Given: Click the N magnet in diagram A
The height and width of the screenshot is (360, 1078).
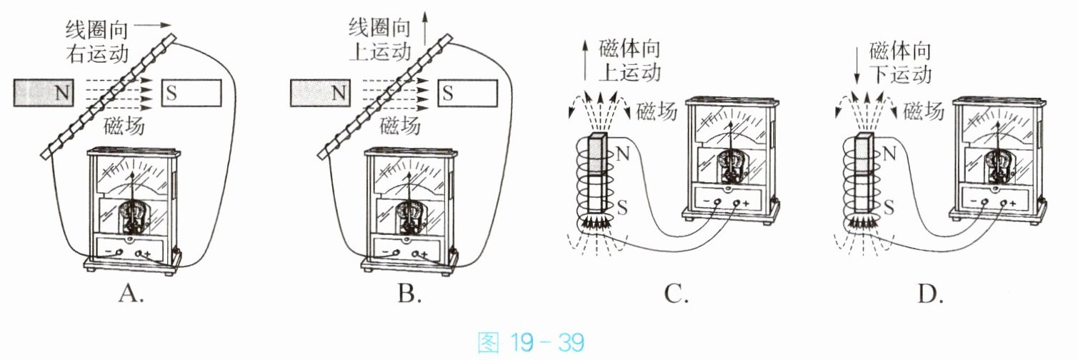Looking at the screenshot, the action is (x=44, y=92).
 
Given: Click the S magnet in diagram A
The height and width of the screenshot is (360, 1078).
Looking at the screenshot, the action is (x=191, y=93).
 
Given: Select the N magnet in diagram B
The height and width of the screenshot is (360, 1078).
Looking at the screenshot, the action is (x=320, y=93).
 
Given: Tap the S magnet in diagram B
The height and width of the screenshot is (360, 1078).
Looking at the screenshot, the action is (x=467, y=93).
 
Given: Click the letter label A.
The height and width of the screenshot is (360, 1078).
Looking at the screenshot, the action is (x=131, y=293).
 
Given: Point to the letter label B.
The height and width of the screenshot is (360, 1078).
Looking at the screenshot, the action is (x=409, y=293).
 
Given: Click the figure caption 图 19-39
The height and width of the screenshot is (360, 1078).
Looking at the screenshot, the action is (x=531, y=343).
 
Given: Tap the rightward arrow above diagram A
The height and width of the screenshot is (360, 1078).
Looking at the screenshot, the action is (x=152, y=26).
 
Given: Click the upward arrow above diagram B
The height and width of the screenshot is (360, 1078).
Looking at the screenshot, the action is (x=424, y=29).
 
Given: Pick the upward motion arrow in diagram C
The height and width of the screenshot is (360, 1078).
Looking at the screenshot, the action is (x=585, y=60).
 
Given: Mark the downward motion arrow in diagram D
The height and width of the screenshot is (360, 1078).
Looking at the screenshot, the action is (x=857, y=64).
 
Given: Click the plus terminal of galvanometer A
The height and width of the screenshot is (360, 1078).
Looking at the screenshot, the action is (x=139, y=253).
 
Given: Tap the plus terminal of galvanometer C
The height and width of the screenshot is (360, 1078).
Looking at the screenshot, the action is (x=737, y=203).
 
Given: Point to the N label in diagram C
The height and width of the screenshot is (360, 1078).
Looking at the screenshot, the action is (x=622, y=154).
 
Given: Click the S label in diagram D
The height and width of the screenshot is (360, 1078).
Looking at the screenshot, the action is (x=889, y=208).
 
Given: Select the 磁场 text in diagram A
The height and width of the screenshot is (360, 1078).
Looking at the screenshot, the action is (x=124, y=126).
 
